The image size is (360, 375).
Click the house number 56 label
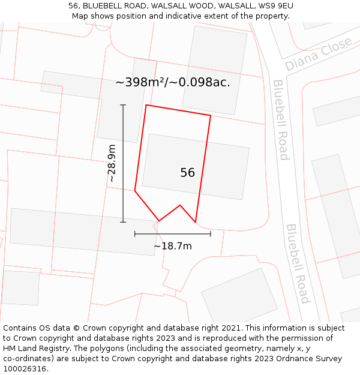(x=187, y=173)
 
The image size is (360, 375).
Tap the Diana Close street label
(x=319, y=55)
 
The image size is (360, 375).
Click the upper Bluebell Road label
(x=281, y=120)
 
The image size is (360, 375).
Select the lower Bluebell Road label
(x=298, y=264)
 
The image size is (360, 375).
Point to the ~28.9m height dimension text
(x=112, y=163)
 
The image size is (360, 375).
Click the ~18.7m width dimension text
(x=173, y=246)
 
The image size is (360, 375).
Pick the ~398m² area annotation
(x=172, y=82)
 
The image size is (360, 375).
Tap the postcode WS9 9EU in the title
(x=274, y=6)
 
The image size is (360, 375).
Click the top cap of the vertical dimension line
(x=123, y=105)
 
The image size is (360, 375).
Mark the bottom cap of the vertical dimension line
(x=123, y=222)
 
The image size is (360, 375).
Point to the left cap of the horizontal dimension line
(x=135, y=233)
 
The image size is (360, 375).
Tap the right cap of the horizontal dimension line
(x=211, y=233)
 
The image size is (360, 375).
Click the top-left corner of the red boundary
(x=146, y=106)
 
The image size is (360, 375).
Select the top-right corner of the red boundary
(x=211, y=115)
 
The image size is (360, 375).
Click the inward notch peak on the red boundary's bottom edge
(x=180, y=205)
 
